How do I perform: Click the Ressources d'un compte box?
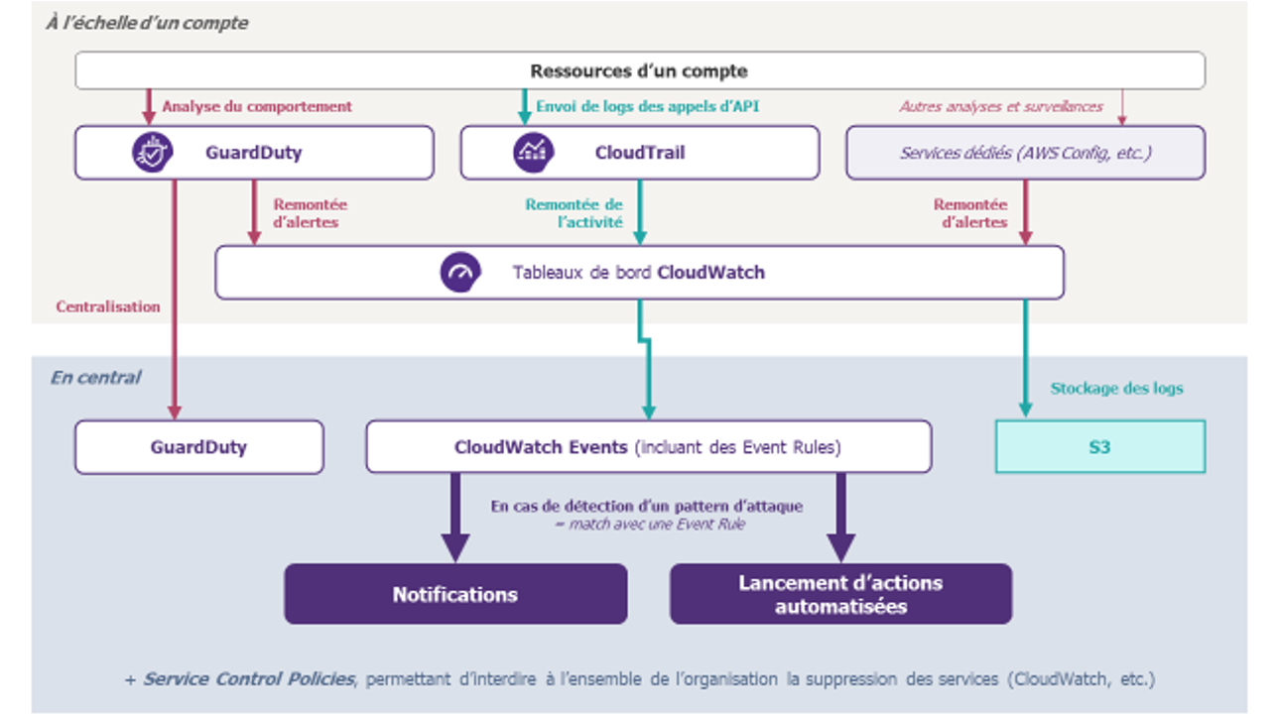(x=639, y=70)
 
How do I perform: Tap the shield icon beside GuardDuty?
(x=152, y=153)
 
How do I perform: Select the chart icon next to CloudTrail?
(x=533, y=153)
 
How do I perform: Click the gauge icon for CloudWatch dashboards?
(x=460, y=273)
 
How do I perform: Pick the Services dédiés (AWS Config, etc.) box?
(x=1026, y=153)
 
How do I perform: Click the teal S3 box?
(x=1100, y=447)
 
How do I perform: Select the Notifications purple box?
(x=455, y=594)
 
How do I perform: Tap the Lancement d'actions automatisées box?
(x=841, y=594)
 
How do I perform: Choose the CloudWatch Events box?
(x=649, y=447)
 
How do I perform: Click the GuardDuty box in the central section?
(x=199, y=447)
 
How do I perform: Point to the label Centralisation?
(x=108, y=306)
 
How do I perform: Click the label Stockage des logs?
(x=1116, y=388)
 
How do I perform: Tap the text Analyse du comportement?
(x=257, y=107)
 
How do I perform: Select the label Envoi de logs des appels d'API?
(x=648, y=107)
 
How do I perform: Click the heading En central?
(x=95, y=377)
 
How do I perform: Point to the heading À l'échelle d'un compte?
(x=147, y=23)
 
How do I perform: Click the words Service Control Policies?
(x=248, y=678)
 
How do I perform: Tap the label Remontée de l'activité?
(x=574, y=213)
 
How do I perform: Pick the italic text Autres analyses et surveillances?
(x=1001, y=107)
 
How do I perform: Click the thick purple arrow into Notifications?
(x=455, y=518)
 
